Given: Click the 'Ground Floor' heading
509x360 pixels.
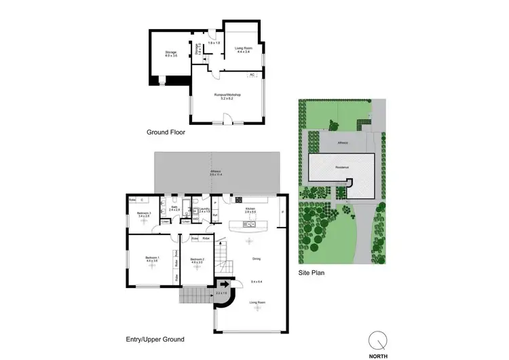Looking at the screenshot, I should [166, 133].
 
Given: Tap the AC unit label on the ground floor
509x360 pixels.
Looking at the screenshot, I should [252, 74].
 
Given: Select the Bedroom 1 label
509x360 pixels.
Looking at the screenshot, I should [152, 259].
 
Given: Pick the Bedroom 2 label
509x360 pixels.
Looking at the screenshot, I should [197, 259].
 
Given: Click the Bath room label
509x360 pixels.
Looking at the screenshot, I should [174, 209].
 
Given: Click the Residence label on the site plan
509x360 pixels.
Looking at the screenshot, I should [341, 165].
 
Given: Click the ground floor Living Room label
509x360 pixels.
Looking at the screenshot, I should [244, 49].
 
